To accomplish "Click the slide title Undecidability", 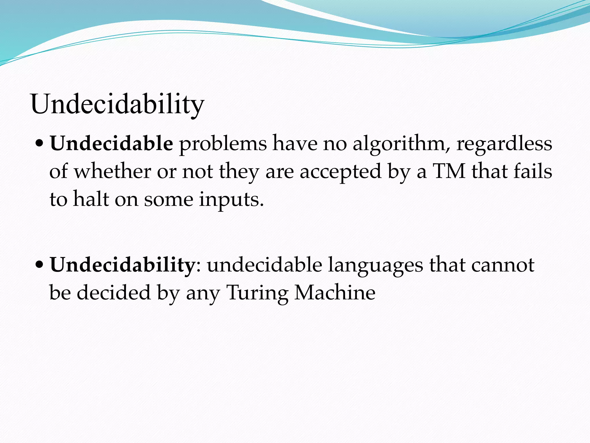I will coord(117,104).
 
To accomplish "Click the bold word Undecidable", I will coord(111,143).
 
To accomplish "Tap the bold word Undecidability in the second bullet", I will coord(122,265).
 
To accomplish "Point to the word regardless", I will coord(504,143).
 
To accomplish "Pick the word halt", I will coord(91,199).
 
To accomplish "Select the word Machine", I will coord(335,292).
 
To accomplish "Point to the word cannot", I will coord(503,265).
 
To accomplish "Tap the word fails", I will coord(533,171).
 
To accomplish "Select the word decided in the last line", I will coord(114,292).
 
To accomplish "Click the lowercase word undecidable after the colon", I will coord(264,265).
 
